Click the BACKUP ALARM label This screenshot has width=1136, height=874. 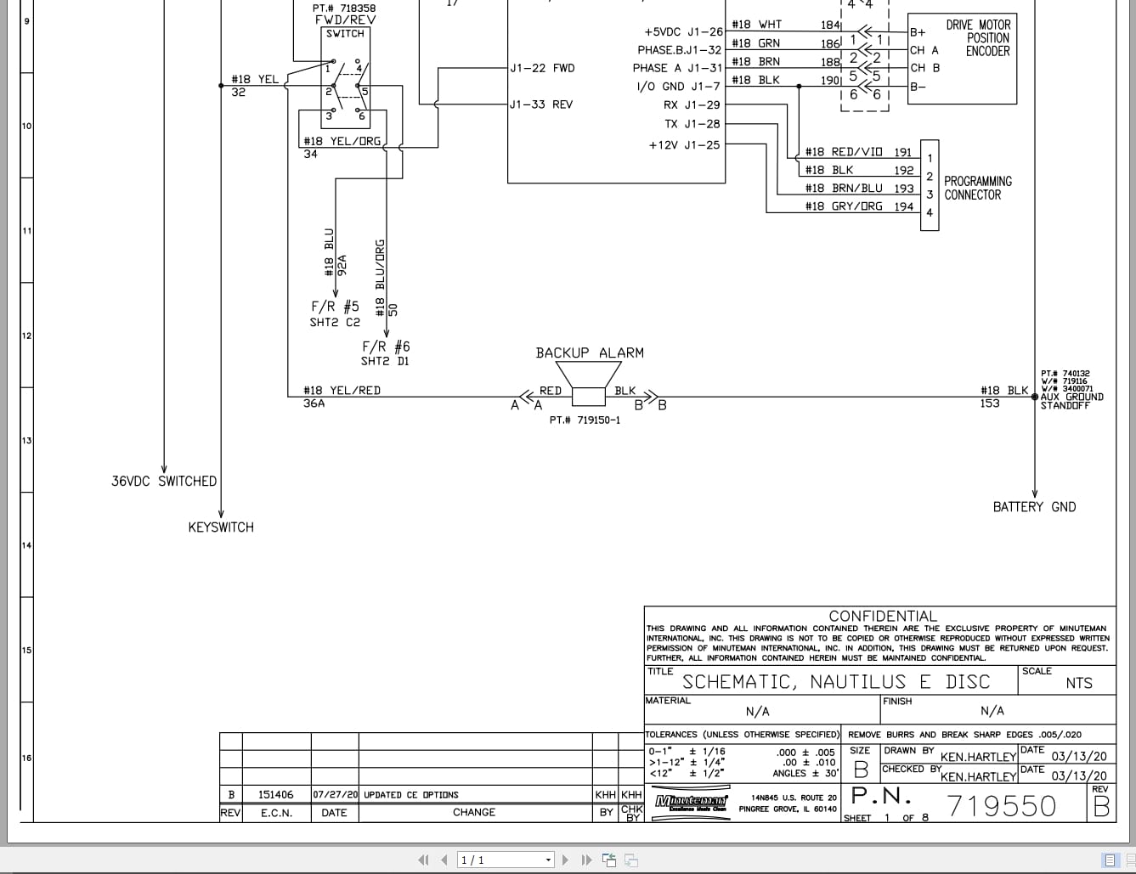pos(590,352)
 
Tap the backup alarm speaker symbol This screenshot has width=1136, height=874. pos(588,386)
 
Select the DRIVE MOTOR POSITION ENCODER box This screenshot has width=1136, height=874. pos(962,59)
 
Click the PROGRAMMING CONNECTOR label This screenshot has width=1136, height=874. pos(978,188)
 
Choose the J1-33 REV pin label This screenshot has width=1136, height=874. pos(541,104)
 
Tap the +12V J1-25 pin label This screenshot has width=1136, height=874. pos(684,144)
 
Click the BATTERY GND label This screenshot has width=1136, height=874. pos(1034,507)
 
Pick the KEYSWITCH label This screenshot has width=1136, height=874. pos(221,527)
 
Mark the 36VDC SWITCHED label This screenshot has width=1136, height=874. pos(164,481)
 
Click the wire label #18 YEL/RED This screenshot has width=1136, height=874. pos(342,391)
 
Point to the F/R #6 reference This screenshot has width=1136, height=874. pos(386,347)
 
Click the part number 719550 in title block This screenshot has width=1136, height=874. pos(1002,806)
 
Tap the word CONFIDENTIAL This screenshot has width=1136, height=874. pos(883,616)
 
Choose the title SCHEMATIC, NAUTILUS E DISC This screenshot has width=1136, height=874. pos(836,682)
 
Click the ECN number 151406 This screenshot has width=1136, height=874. pos(276,795)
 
